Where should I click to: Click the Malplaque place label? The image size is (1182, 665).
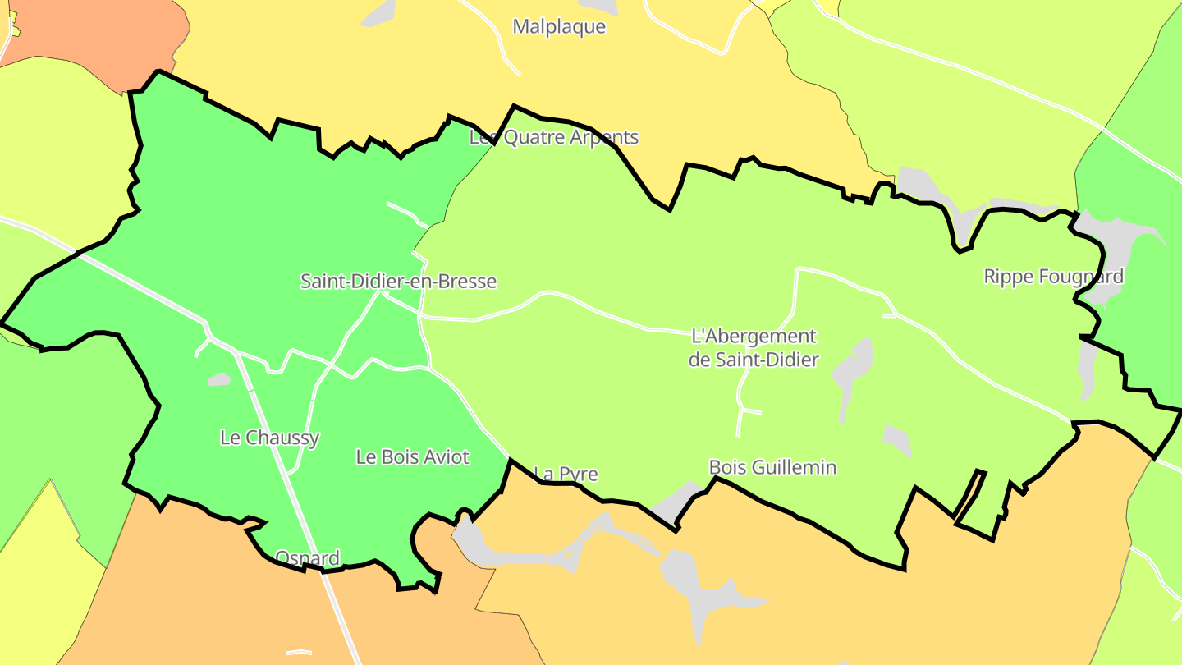point(559,26)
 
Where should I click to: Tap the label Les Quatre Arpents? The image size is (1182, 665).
point(554,137)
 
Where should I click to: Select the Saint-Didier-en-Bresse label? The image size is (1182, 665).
point(398,282)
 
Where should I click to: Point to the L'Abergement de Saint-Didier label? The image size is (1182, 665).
point(754,347)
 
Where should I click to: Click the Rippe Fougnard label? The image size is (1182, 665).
point(1053,277)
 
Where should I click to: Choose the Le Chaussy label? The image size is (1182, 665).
point(269,438)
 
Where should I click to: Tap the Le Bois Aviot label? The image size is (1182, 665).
point(412,457)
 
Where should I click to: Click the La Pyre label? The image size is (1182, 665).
point(566,475)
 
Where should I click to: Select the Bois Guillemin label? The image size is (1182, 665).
point(772,468)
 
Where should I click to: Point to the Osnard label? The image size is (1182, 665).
point(307,558)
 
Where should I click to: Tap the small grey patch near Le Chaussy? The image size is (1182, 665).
point(219,379)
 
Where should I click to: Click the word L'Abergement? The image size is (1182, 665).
point(754,337)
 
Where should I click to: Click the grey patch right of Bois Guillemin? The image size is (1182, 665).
point(897,441)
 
